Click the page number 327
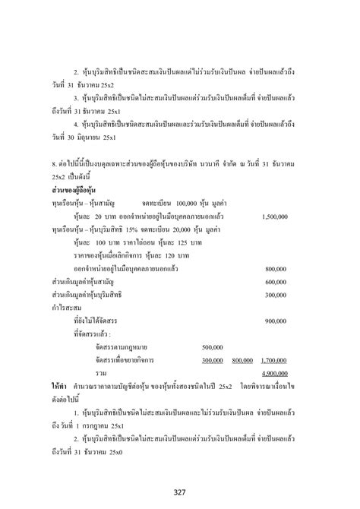coord(180,486)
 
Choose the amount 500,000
coord(213,346)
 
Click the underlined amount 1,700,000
coord(273,360)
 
